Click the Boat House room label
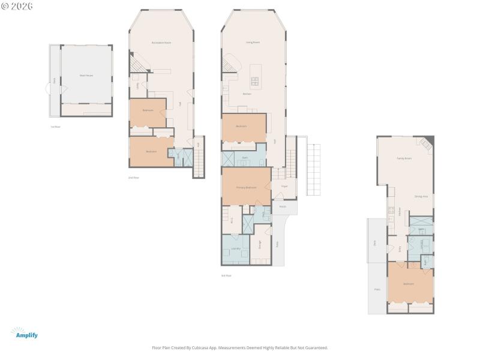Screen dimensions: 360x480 coord(86,76)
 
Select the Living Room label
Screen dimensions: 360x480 coord(253,43)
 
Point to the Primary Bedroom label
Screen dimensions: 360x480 coord(246,188)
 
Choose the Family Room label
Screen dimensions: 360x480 coord(404,158)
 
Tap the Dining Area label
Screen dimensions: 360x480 coord(421,196)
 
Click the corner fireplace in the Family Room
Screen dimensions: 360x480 coord(426,143)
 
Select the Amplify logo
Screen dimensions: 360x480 coord(25,334)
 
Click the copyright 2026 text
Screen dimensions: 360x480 coord(17,6)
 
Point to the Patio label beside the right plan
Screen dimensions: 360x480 coord(377,289)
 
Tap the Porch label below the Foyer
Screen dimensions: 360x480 coord(283,206)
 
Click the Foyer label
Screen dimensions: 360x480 coord(284,187)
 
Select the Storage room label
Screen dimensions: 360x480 coord(260,244)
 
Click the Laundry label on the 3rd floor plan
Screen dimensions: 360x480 coord(235,248)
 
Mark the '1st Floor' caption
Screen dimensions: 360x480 coord(55,127)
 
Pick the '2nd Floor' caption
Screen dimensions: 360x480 coord(133,178)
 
